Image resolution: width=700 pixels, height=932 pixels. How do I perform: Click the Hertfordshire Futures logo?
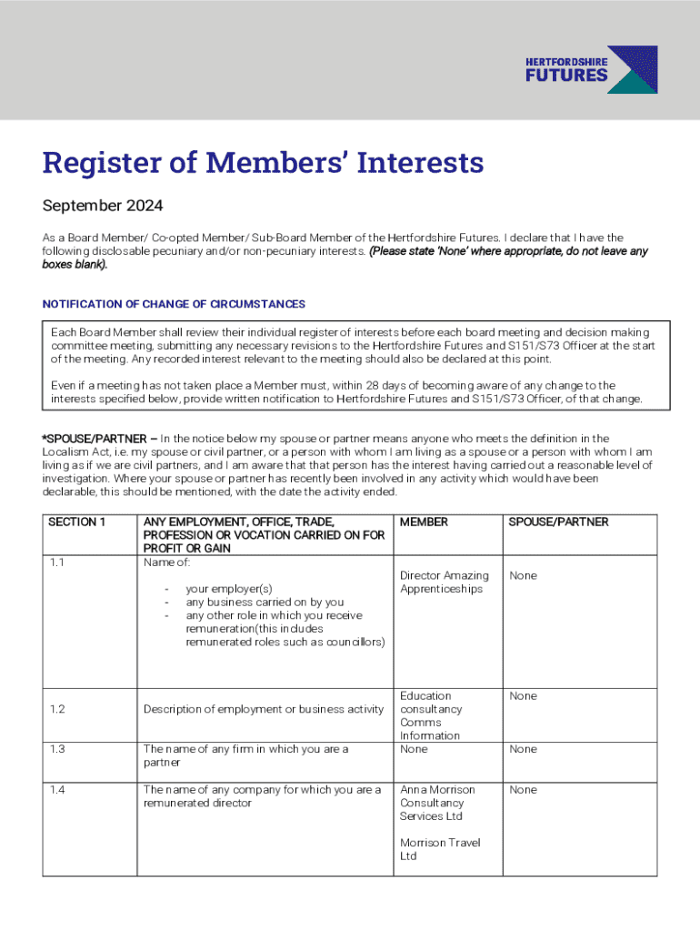click(x=591, y=70)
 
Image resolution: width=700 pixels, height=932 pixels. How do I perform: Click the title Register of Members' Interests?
click(x=263, y=164)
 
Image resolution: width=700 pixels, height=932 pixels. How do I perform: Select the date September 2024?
click(x=103, y=206)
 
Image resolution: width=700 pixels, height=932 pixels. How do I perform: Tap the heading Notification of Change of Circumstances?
click(x=174, y=304)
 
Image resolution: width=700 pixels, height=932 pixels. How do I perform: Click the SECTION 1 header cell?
click(x=77, y=522)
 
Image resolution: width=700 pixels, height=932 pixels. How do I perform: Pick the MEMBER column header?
click(x=424, y=522)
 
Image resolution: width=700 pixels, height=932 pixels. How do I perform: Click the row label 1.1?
click(x=56, y=562)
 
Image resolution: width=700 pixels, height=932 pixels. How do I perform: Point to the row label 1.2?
click(x=56, y=709)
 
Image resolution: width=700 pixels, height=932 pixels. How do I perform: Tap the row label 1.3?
click(x=56, y=749)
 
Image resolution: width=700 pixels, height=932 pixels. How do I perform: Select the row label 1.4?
click(x=56, y=790)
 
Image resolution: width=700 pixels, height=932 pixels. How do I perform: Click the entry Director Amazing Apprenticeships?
click(x=444, y=582)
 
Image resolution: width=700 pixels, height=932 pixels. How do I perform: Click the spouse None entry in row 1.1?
click(x=523, y=575)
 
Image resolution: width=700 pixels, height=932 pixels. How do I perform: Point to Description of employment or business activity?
click(x=264, y=709)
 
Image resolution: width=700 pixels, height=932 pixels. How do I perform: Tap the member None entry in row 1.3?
click(x=414, y=749)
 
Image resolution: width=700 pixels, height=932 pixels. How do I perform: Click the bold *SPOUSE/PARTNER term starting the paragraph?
click(x=95, y=439)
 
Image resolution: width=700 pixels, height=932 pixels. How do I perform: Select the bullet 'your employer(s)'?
click(x=229, y=589)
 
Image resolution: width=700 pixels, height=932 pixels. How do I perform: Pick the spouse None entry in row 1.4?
click(x=523, y=790)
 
